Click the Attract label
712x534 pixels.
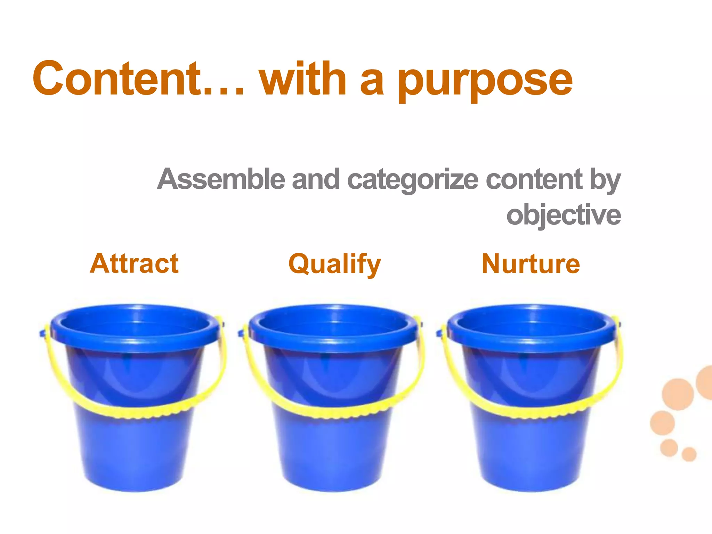point(134,264)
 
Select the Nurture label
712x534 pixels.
point(531,264)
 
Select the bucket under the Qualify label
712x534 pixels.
point(334,452)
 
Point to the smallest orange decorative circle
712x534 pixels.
point(689,454)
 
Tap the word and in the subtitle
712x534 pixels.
point(316,179)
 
